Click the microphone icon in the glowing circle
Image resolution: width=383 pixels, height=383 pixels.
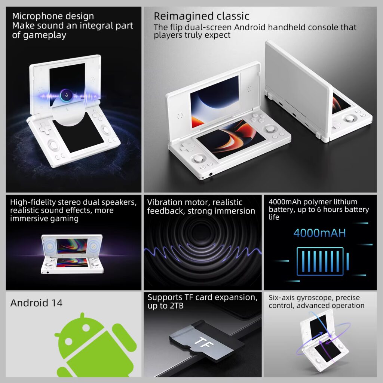point(67,95)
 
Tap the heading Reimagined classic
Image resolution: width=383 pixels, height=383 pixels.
point(201,16)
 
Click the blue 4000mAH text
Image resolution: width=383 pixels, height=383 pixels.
point(319,233)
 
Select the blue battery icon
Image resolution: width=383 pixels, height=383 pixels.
point(320,261)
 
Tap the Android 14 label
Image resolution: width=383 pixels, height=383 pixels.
point(37,303)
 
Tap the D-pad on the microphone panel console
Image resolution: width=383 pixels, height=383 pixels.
point(46,129)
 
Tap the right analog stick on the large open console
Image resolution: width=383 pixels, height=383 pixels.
point(269,130)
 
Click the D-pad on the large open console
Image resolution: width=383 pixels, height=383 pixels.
point(186,147)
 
